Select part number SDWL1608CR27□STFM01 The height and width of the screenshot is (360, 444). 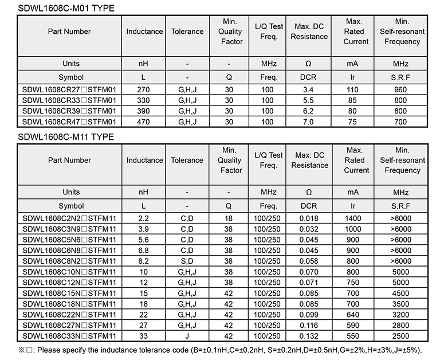[69, 89]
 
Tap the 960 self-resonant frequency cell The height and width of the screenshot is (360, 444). [400, 89]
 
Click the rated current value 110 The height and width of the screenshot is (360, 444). [352, 89]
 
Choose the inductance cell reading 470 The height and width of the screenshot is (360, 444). [144, 122]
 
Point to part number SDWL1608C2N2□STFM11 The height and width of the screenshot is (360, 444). [69, 218]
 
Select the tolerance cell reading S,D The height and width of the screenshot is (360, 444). [187, 261]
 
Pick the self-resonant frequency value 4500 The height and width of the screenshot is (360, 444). [400, 293]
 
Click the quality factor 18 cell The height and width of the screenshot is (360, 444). [229, 218]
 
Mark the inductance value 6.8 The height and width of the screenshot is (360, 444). [144, 250]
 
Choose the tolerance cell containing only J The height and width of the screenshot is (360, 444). [187, 335]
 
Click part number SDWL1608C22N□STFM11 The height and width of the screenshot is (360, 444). [69, 314]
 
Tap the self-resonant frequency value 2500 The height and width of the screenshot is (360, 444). [400, 335]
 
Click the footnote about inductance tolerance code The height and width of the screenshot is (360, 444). [221, 349]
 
